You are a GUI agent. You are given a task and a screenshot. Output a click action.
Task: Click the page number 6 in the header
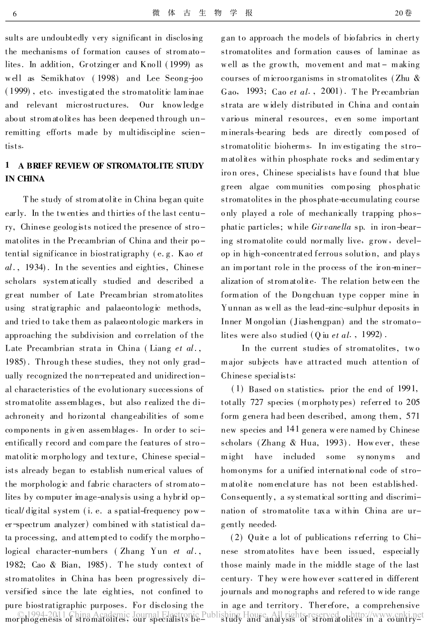pos(15,14)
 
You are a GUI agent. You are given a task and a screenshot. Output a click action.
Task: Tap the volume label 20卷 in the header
pos(403,13)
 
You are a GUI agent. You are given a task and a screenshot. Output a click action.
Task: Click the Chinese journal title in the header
pos(202,13)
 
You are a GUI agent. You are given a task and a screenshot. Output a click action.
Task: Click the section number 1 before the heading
pos(8,166)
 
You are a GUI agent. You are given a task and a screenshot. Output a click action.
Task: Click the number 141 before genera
pos(292,429)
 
